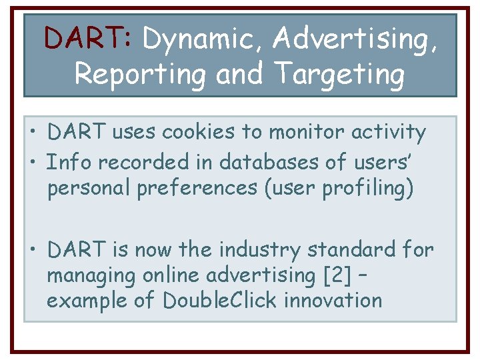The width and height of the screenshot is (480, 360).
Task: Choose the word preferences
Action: click(x=197, y=189)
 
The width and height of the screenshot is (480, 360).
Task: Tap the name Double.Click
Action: click(x=219, y=300)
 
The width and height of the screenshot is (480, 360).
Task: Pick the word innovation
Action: click(x=333, y=300)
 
